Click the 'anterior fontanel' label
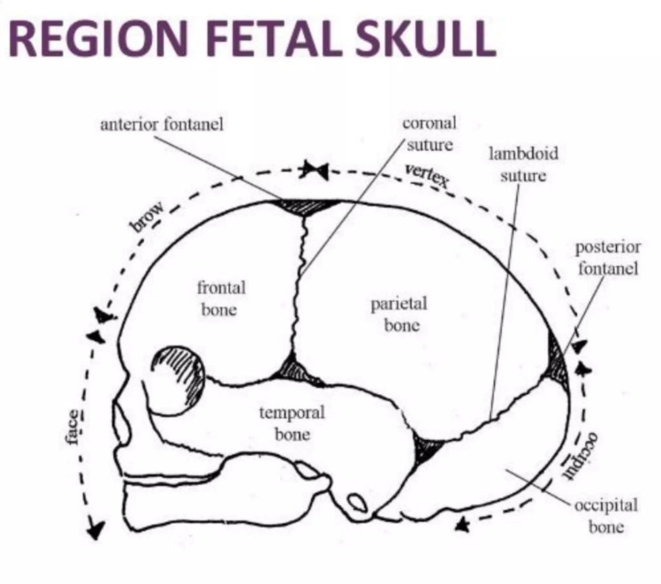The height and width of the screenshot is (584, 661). click(x=161, y=124)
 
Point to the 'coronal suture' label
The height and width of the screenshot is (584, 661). click(x=429, y=134)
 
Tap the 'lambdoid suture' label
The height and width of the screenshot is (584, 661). click(x=523, y=165)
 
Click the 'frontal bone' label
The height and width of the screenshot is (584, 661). click(x=221, y=298)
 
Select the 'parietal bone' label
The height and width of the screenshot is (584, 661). click(x=399, y=314)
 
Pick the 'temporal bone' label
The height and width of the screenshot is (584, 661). click(x=292, y=423)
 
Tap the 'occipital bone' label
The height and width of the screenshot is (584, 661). click(x=605, y=515)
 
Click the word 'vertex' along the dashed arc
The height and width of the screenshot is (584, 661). click(x=427, y=175)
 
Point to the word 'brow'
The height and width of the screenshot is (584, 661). click(x=148, y=216)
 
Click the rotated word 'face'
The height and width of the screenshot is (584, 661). click(x=74, y=426)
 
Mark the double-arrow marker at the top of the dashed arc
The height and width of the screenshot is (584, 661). click(x=314, y=171)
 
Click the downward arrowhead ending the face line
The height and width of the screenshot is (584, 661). click(x=96, y=530)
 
